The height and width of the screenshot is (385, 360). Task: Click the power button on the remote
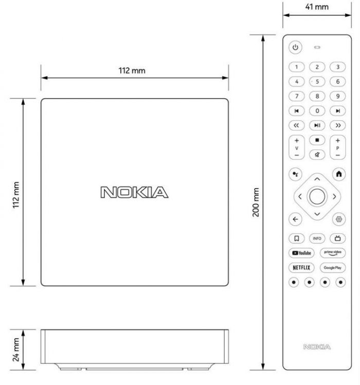(295, 48)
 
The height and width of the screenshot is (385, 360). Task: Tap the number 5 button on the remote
(317, 81)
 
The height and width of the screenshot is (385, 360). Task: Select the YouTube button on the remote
(302, 253)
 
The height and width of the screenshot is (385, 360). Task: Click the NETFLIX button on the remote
(302, 268)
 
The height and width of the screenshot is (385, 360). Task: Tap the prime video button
(332, 253)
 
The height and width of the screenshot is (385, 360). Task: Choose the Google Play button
(332, 268)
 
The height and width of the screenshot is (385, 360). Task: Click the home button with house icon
(339, 174)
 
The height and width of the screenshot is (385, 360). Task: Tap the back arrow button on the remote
(295, 219)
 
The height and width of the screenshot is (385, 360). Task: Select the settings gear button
(339, 219)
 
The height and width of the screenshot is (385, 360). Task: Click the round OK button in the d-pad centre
(317, 196)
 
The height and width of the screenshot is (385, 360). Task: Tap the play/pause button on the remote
(317, 125)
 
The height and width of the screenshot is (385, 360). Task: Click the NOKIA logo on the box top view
(134, 192)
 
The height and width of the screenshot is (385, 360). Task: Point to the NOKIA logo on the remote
(317, 347)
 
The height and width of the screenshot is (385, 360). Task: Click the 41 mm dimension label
(317, 7)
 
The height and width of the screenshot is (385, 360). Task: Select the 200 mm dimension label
(256, 202)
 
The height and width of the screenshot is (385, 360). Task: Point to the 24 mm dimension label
(16, 349)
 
